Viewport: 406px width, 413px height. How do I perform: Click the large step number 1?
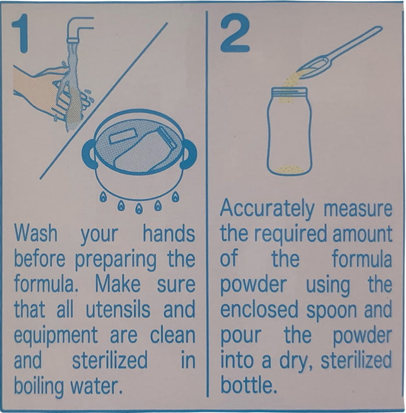tap(21, 33)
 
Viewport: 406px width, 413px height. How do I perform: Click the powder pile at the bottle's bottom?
tap(289, 170)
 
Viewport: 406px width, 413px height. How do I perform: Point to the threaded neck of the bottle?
tap(289, 92)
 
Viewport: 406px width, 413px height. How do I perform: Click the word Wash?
tap(36, 233)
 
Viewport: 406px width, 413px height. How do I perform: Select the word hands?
tap(169, 234)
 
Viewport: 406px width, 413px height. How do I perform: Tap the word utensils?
tap(118, 309)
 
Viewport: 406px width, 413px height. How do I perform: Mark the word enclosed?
tap(259, 309)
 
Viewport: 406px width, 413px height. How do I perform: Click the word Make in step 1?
tap(118, 284)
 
